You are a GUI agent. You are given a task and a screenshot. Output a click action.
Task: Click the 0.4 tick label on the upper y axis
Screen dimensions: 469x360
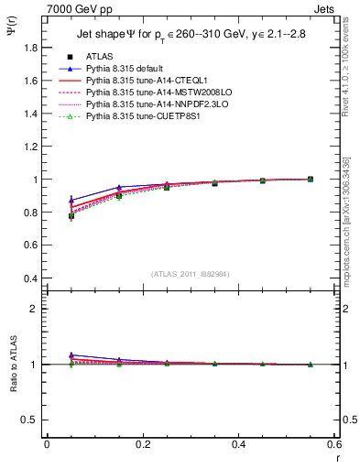click(29, 278)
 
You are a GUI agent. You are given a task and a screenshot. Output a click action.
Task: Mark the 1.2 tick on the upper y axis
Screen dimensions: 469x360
click(29, 147)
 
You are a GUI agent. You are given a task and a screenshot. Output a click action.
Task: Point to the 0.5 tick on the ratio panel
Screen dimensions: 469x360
click(29, 420)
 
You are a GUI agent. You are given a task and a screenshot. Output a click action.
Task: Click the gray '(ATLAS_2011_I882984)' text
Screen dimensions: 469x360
click(191, 274)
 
